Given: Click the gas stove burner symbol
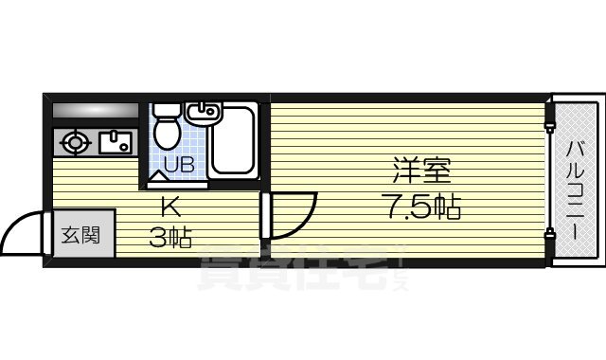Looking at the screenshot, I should pos(74,144).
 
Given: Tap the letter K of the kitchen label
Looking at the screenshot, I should pos(170,204).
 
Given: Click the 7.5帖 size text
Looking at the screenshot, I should pos(422,206).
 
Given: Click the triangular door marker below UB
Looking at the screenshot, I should pos(155,176).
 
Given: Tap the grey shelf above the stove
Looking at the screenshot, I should pos(94,109).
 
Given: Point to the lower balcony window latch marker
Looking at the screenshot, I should pos(547,233).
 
